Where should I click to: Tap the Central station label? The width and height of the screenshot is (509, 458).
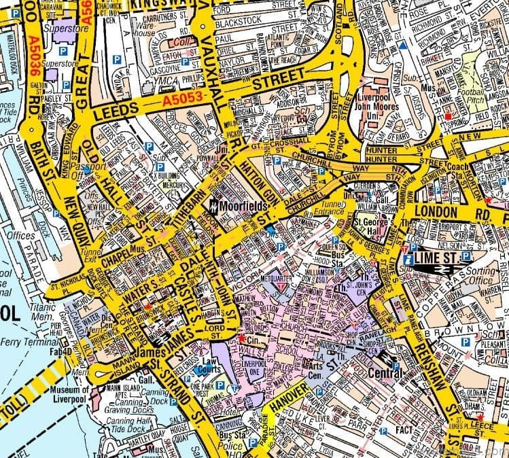point(385,373)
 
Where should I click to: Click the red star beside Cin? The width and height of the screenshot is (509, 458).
point(241,337)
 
